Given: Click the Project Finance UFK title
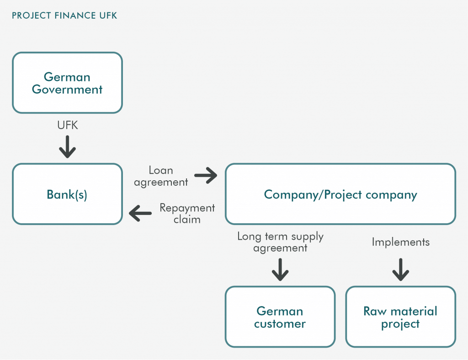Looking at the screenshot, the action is (x=64, y=16).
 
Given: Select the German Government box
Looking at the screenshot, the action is (x=68, y=83).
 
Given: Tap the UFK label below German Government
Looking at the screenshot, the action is (x=68, y=125).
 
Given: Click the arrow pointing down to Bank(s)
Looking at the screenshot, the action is (x=68, y=147).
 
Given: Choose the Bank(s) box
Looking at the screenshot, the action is (x=68, y=194).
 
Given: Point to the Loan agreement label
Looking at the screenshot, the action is (x=161, y=176).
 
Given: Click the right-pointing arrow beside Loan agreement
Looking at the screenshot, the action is (x=206, y=175).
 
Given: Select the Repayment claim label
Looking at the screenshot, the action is (x=187, y=213).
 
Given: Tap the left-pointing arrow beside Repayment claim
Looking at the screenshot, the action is (x=140, y=213).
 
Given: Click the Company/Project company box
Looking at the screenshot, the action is (x=340, y=194).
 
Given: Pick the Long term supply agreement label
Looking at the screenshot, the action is (x=280, y=242).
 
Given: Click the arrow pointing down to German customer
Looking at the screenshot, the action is (x=280, y=270).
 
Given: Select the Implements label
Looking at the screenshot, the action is (x=400, y=242).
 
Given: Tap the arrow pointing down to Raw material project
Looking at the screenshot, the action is (x=400, y=270).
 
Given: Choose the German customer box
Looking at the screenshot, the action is (x=280, y=317).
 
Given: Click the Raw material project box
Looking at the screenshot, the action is (x=400, y=317).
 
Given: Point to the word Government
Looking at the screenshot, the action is (x=67, y=90).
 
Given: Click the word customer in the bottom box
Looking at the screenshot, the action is (x=280, y=324).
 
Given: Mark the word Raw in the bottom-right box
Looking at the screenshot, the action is (x=375, y=312).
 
